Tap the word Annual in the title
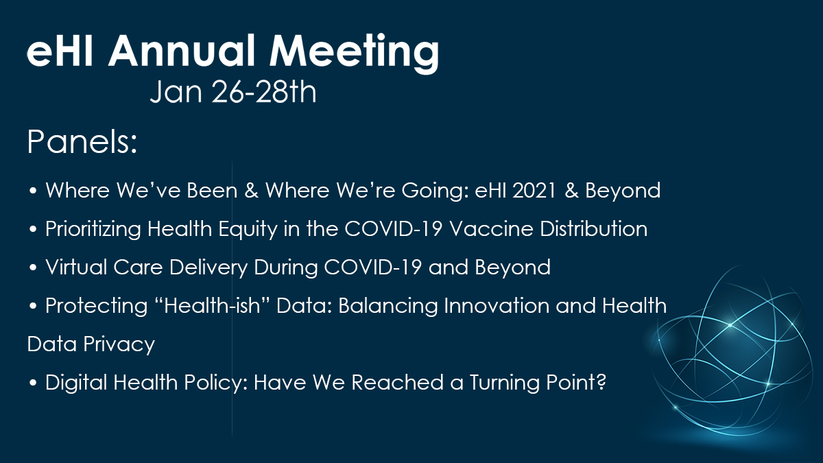tap(182, 50)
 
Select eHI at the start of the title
tap(60, 50)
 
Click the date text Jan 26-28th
tap(233, 91)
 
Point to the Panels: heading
tap(82, 141)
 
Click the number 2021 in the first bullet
tap(534, 191)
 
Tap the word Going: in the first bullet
tap(435, 191)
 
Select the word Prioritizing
tap(93, 229)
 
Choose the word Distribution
tap(593, 228)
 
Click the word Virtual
tap(76, 267)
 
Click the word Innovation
tap(497, 305)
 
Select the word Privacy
tap(119, 344)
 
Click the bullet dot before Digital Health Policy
tap(33, 383)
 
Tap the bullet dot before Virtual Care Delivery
tap(33, 268)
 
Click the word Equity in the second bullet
tap(248, 229)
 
